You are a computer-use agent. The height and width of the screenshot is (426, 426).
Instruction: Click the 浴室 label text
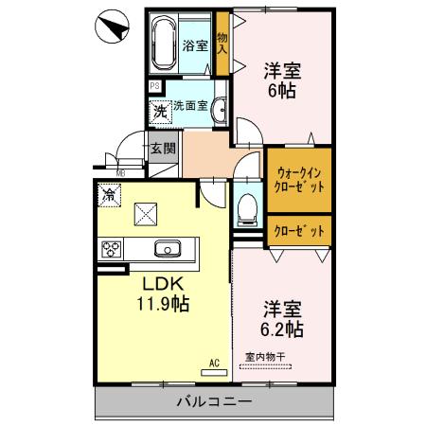coord(195,44)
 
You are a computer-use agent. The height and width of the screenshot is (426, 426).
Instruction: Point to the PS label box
coord(155,86)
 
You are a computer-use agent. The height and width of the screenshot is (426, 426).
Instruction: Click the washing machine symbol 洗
coord(160,110)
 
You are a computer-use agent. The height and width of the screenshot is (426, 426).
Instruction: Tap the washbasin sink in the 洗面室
coord(219,109)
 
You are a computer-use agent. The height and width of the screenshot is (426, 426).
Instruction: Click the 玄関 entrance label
coord(163,148)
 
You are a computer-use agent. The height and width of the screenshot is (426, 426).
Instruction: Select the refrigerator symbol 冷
coord(110,196)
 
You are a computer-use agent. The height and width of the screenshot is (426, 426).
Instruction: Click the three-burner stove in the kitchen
coord(112,250)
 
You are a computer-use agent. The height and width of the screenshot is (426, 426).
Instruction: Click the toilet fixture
coord(246,205)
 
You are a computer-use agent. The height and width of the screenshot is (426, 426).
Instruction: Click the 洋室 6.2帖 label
coord(281,318)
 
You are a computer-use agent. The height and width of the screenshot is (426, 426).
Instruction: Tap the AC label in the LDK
coord(213,362)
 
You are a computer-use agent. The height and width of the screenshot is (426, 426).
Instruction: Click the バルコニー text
coord(213,402)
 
